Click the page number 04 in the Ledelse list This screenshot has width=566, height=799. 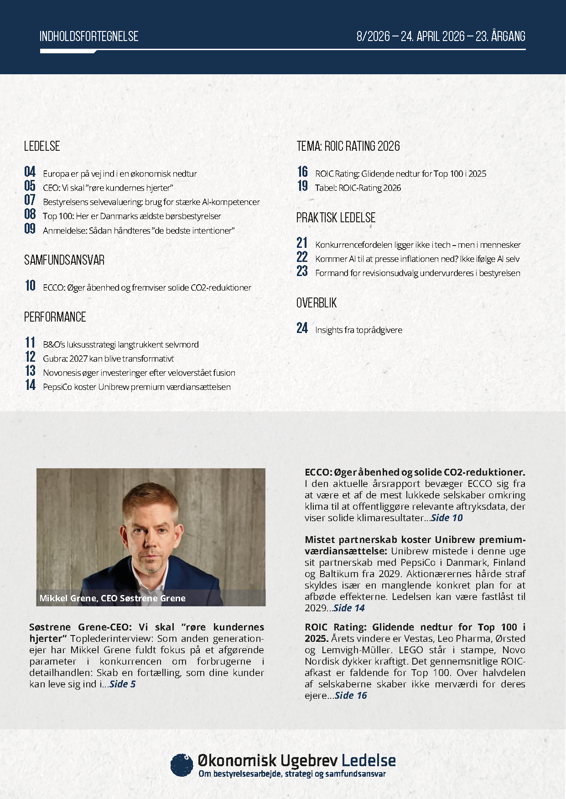coord(30,172)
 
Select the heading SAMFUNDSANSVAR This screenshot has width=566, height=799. coord(64,260)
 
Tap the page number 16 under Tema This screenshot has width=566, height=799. coord(302,172)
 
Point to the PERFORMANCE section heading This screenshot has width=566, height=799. coord(55,317)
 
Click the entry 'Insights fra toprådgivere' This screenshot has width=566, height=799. coord(358,330)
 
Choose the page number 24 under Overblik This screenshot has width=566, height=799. coord(302,328)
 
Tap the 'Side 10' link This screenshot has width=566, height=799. coord(447,518)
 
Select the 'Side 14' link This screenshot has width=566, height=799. coord(349,608)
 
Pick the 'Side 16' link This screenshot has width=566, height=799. coord(351,696)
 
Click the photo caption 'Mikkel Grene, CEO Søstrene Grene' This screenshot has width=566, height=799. coord(112,599)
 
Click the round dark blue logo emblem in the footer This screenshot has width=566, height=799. coord(182,765)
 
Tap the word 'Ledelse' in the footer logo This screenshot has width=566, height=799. coord(369,761)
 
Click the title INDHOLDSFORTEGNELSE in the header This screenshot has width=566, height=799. coord(89,36)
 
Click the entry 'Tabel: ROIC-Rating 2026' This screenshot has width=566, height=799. coord(358,188)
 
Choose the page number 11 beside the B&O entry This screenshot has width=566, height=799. coord(30,343)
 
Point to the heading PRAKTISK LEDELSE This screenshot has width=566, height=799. coord(336,218)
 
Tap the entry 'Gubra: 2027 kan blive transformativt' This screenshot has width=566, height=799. coord(108,359)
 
